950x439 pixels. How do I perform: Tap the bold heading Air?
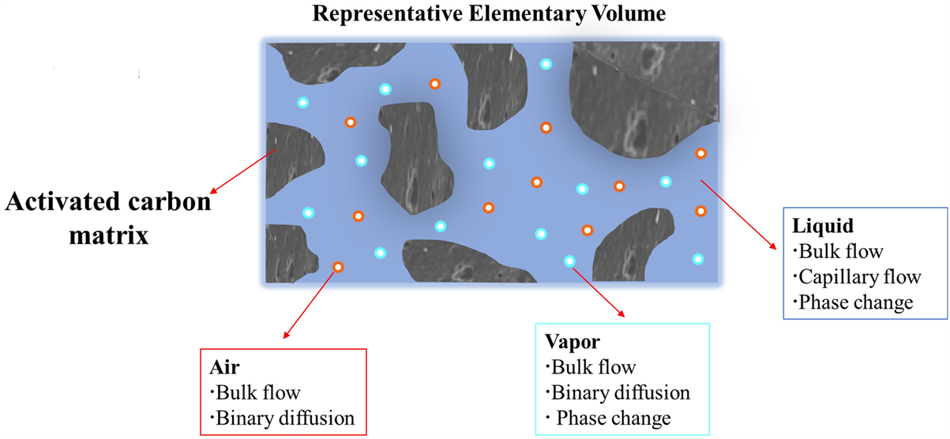223,367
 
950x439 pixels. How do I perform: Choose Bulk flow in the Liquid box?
840,252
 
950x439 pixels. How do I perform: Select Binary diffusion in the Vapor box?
620,392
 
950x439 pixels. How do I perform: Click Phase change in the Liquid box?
856,302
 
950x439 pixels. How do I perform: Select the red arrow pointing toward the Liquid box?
735,214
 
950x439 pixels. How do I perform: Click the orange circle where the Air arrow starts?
338,268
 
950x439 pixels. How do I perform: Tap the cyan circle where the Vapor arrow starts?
569,261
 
